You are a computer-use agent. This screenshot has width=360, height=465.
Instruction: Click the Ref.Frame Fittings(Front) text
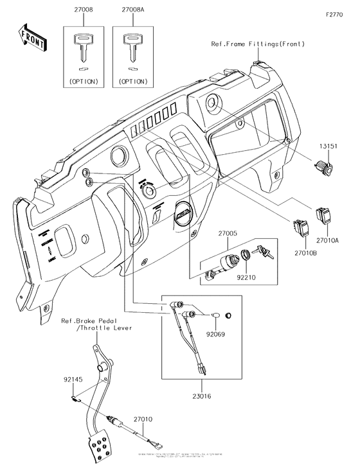(257, 44)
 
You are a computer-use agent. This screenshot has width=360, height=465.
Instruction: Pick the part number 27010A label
(328, 238)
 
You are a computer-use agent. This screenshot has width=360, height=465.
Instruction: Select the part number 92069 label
(216, 335)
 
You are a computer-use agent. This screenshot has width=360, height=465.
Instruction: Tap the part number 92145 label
(72, 379)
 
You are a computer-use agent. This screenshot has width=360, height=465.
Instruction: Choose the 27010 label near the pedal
(143, 418)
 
